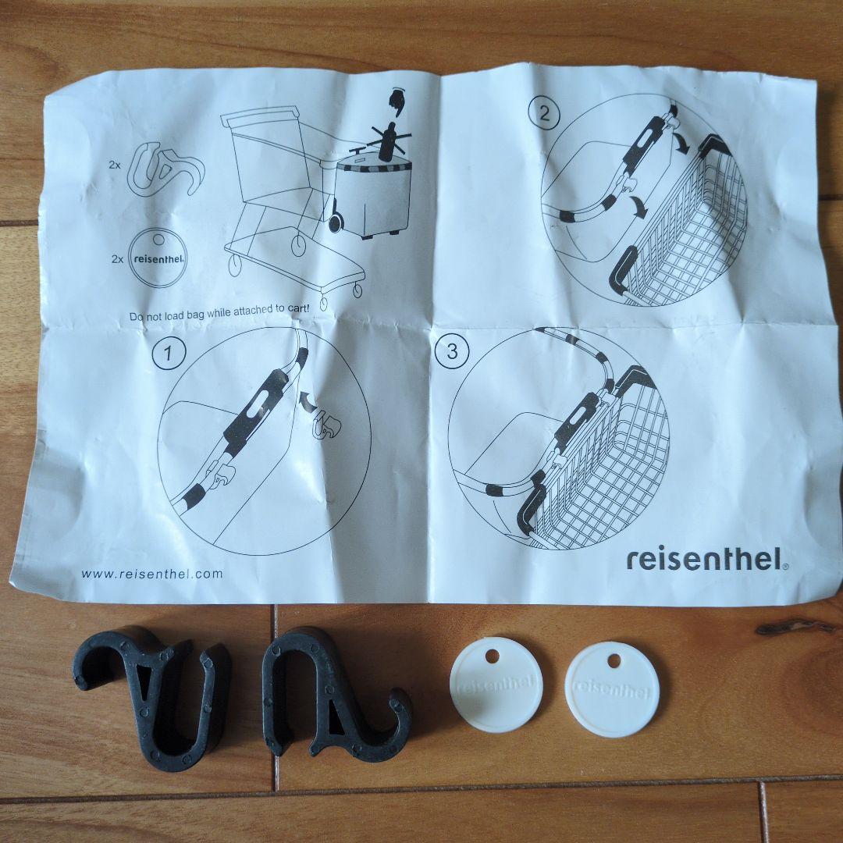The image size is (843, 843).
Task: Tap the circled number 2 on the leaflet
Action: (x=543, y=115)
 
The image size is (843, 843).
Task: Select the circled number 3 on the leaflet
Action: (x=452, y=350)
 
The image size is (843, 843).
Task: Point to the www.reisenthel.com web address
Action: (x=152, y=574)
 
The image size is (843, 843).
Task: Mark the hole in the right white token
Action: (x=614, y=661)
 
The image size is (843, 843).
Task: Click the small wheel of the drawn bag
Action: (x=336, y=222)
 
